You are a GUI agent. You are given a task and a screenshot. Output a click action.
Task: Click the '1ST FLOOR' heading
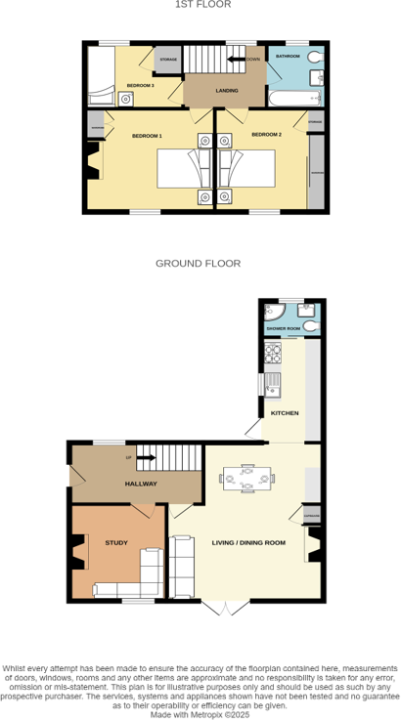click(x=202, y=5)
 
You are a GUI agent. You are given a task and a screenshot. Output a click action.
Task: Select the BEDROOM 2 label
click(x=266, y=134)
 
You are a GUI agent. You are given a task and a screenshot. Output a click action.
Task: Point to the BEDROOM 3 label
click(x=141, y=86)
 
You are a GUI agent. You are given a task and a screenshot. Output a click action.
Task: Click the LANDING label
click(x=227, y=91)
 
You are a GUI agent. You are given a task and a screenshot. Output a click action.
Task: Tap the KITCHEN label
click(x=285, y=413)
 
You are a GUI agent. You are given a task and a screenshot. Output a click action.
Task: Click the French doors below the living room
click(x=225, y=608)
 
